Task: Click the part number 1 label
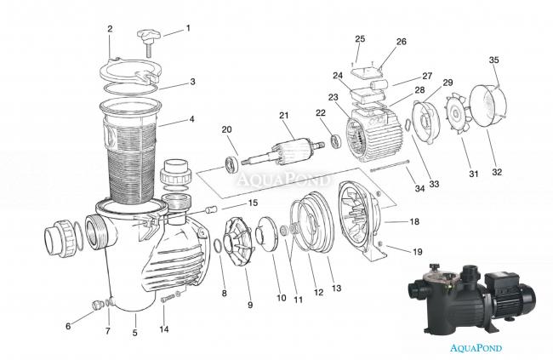188,27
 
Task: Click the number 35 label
493,60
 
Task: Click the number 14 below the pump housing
164,329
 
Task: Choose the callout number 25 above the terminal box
360,39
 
